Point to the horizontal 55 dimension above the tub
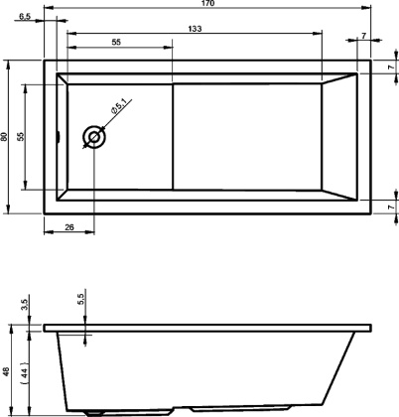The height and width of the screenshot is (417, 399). click(x=116, y=44)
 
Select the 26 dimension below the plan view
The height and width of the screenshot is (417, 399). click(x=68, y=228)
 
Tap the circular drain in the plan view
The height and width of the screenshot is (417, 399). click(x=95, y=137)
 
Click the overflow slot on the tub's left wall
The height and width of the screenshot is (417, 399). click(x=59, y=137)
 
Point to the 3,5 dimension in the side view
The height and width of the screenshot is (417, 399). click(x=24, y=302)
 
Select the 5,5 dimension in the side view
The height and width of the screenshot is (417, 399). click(x=81, y=300)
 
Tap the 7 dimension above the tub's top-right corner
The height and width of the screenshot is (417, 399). click(x=364, y=37)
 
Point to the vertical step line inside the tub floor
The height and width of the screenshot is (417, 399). click(x=175, y=135)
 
